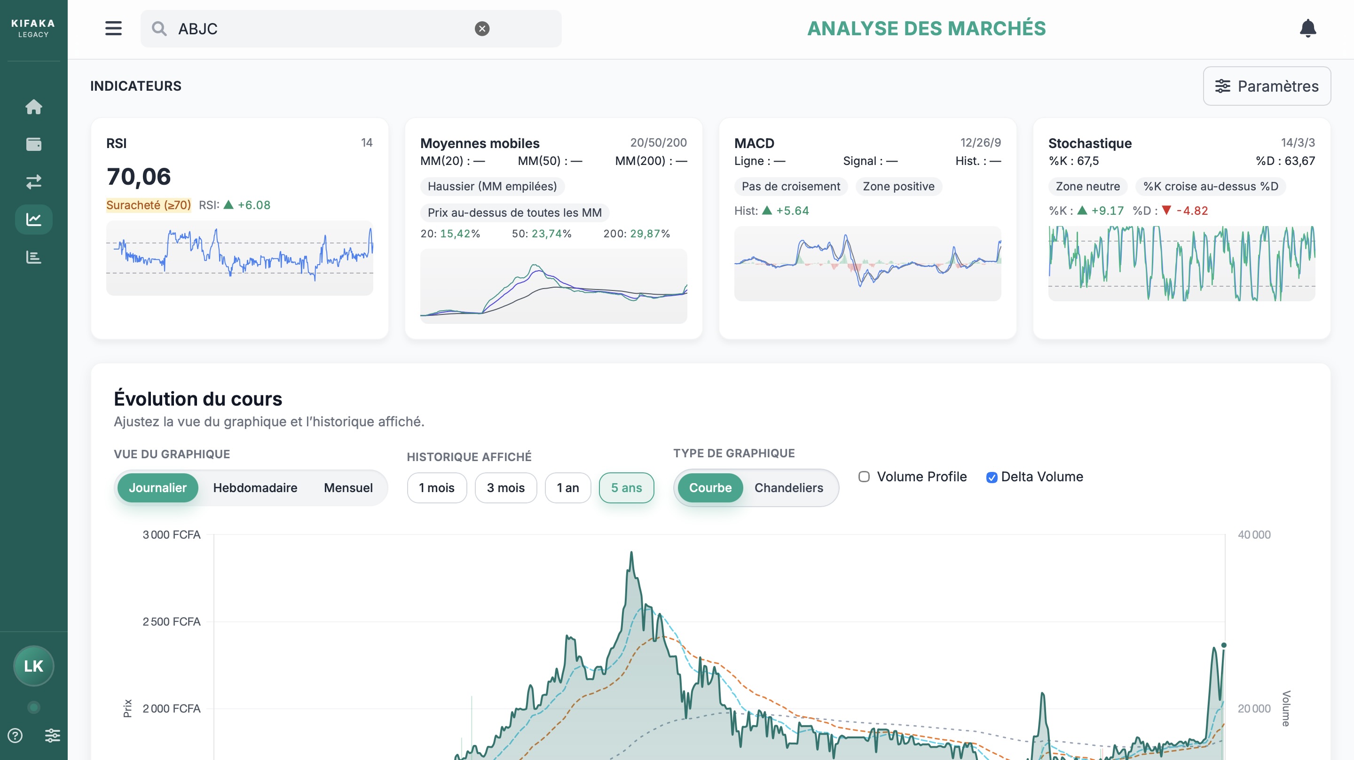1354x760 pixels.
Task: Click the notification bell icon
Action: (1307, 28)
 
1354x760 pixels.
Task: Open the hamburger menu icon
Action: (113, 28)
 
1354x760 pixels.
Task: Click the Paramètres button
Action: (1266, 86)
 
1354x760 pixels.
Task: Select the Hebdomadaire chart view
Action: (255, 488)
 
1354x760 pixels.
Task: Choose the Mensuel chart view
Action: (348, 488)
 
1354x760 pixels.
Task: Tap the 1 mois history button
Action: (436, 488)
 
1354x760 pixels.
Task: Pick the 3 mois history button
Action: (505, 488)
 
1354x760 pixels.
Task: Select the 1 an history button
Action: (567, 488)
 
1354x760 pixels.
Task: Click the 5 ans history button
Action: (626, 488)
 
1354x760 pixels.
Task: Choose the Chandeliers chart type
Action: (788, 488)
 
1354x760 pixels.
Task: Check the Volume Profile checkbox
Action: (864, 477)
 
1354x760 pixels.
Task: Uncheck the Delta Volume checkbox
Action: (992, 477)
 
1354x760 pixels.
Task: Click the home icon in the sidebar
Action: (34, 107)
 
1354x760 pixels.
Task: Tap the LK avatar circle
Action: (34, 666)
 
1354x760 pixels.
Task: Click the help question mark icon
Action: (15, 735)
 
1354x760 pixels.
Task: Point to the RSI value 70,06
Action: (139, 177)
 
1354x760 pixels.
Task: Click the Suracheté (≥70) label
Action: (148, 205)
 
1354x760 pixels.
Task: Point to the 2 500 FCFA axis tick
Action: (171, 621)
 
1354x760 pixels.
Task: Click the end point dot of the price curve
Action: (1224, 645)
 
